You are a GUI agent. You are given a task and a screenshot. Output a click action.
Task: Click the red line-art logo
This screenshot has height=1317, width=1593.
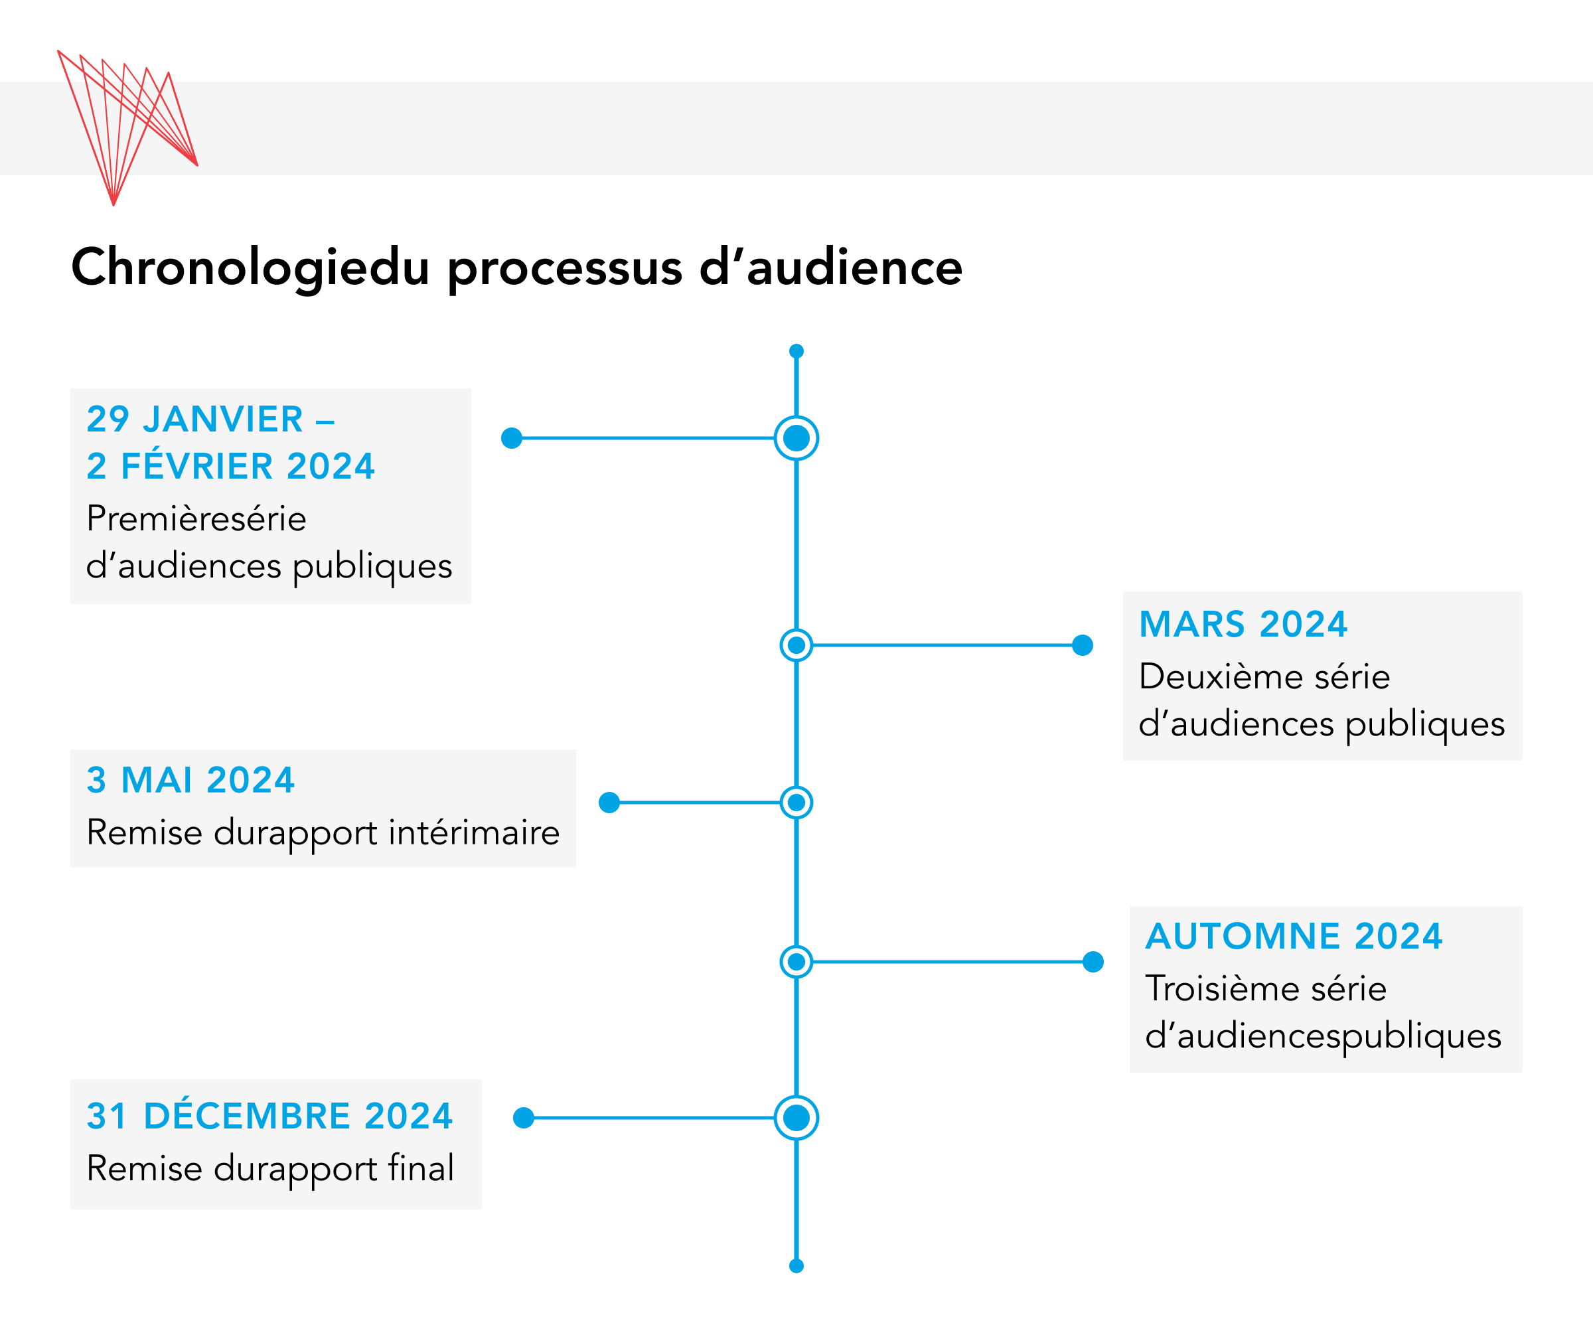point(127,127)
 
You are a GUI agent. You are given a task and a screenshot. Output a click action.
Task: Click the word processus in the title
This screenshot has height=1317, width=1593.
point(565,269)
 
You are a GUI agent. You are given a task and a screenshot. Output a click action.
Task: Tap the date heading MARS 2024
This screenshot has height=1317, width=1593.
point(1243,625)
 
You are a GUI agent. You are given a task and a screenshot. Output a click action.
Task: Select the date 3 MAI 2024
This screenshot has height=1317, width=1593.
point(190,780)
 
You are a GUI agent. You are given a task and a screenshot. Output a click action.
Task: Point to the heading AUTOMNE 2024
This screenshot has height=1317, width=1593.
point(1294,936)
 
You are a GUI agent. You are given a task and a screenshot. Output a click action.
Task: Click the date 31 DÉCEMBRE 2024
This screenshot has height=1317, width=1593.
point(269,1116)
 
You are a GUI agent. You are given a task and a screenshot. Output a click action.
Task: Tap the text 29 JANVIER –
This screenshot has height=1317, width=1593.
point(211,420)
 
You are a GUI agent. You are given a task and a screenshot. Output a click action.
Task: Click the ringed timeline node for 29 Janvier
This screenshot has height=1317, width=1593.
point(796,437)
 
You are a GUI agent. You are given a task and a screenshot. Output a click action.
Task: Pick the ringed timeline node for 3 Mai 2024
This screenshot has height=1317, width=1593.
point(796,802)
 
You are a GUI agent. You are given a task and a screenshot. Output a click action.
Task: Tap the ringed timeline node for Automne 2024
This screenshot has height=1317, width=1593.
point(796,962)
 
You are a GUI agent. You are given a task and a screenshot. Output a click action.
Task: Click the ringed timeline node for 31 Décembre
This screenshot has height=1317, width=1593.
point(796,1117)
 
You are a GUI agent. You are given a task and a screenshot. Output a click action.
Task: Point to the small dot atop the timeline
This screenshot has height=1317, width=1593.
point(796,351)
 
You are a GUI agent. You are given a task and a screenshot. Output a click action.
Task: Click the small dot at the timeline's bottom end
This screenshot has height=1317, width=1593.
point(796,1265)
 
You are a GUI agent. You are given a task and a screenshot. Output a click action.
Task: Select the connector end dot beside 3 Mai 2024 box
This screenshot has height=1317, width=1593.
point(609,802)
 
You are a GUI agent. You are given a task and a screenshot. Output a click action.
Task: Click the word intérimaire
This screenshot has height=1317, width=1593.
point(475,833)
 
